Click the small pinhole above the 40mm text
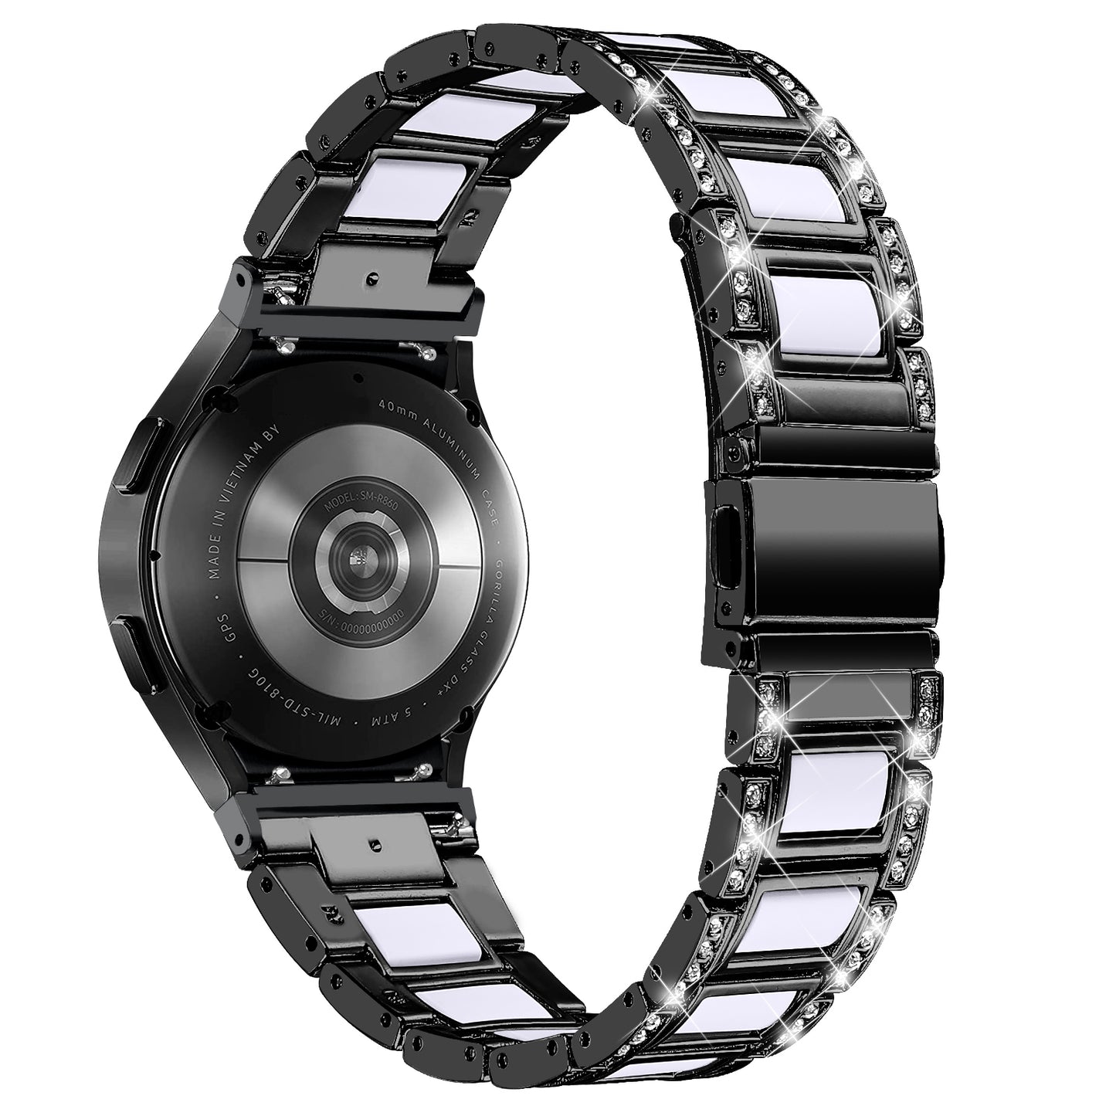tap(359, 376)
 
